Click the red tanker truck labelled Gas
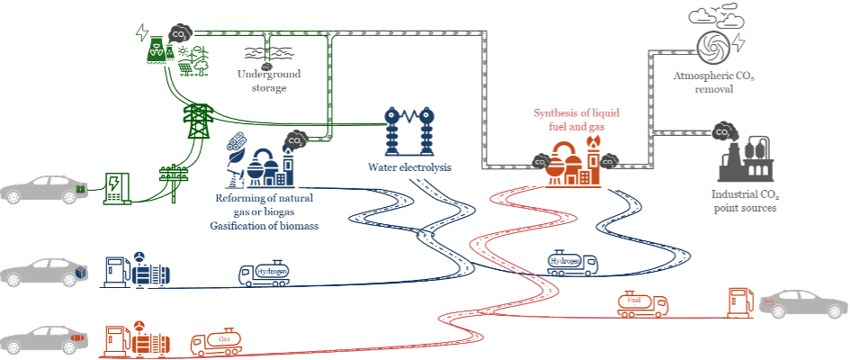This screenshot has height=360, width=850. click(x=213, y=340)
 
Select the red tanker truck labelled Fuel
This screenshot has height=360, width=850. click(x=641, y=305)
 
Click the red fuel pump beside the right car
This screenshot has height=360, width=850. click(x=739, y=302)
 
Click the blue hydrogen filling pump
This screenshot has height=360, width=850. click(x=113, y=270)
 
